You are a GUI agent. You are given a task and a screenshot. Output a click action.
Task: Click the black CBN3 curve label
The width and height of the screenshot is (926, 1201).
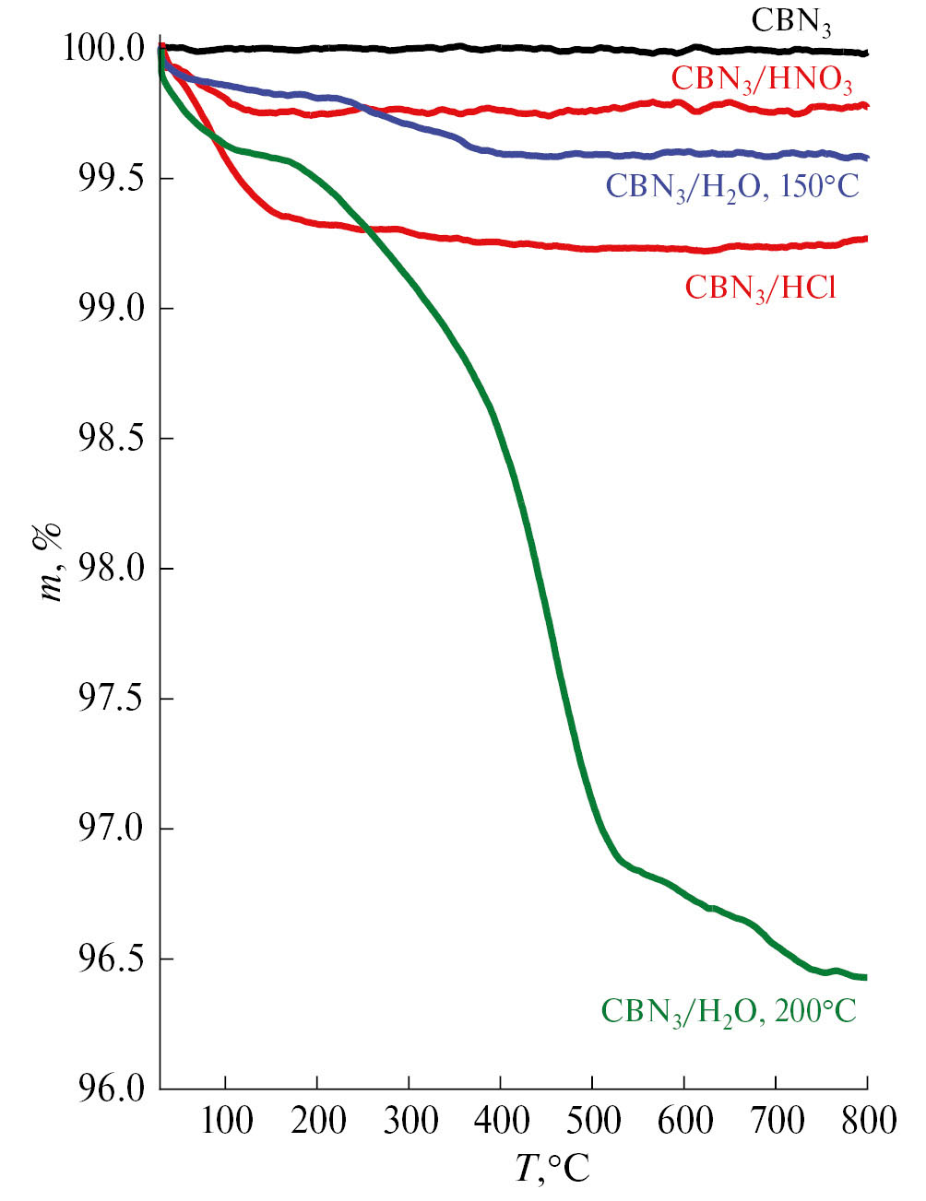[791, 22]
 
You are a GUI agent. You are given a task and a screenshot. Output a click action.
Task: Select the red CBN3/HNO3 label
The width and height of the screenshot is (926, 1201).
[762, 78]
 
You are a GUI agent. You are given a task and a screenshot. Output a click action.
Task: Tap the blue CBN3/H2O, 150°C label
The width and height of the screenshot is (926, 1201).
[732, 186]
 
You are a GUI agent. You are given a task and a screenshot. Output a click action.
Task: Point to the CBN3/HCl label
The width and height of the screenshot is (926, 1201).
[760, 288]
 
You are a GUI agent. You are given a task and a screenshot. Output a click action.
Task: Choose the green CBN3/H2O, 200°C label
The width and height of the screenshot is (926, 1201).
[729, 1011]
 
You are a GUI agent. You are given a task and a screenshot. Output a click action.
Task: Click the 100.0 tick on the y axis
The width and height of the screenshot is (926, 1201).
[104, 48]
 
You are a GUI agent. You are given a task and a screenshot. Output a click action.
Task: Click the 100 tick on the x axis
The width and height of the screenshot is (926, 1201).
[226, 1121]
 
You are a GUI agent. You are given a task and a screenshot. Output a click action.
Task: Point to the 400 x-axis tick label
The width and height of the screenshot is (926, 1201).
[501, 1121]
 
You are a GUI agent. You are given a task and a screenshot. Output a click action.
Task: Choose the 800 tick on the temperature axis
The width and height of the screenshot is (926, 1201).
[867, 1121]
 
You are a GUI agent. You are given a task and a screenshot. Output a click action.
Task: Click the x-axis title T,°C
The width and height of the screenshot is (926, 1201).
[552, 1169]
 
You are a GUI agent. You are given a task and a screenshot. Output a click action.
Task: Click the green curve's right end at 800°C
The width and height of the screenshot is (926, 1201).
[865, 977]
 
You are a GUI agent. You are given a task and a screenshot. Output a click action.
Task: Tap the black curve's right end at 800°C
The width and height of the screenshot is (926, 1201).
[865, 53]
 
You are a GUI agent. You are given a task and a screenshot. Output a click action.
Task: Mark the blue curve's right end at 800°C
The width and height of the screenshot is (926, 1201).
[865, 158]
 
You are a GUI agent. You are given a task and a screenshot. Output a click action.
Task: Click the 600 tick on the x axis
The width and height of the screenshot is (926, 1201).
[684, 1121]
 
